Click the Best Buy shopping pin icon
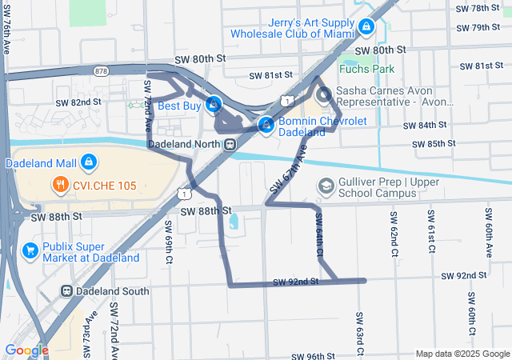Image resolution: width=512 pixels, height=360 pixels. pos(214,104)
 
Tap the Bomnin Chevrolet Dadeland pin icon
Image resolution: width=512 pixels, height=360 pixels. pos(266,125)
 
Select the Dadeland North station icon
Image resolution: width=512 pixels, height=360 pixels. pos(230,144)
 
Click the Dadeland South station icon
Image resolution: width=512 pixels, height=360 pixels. pos(67,291)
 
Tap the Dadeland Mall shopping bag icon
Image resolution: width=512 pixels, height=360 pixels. pos(89,163)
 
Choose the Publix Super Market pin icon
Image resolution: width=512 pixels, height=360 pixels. pos(30,251)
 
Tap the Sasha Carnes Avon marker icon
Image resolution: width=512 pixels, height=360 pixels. pos(325,97)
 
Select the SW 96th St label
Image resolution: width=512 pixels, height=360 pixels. pos(312,356)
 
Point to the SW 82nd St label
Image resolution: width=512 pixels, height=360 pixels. pos(78,102)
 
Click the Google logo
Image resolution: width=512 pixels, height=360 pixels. pos(26,350)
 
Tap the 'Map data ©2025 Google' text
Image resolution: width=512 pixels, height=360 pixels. pos(462,354)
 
